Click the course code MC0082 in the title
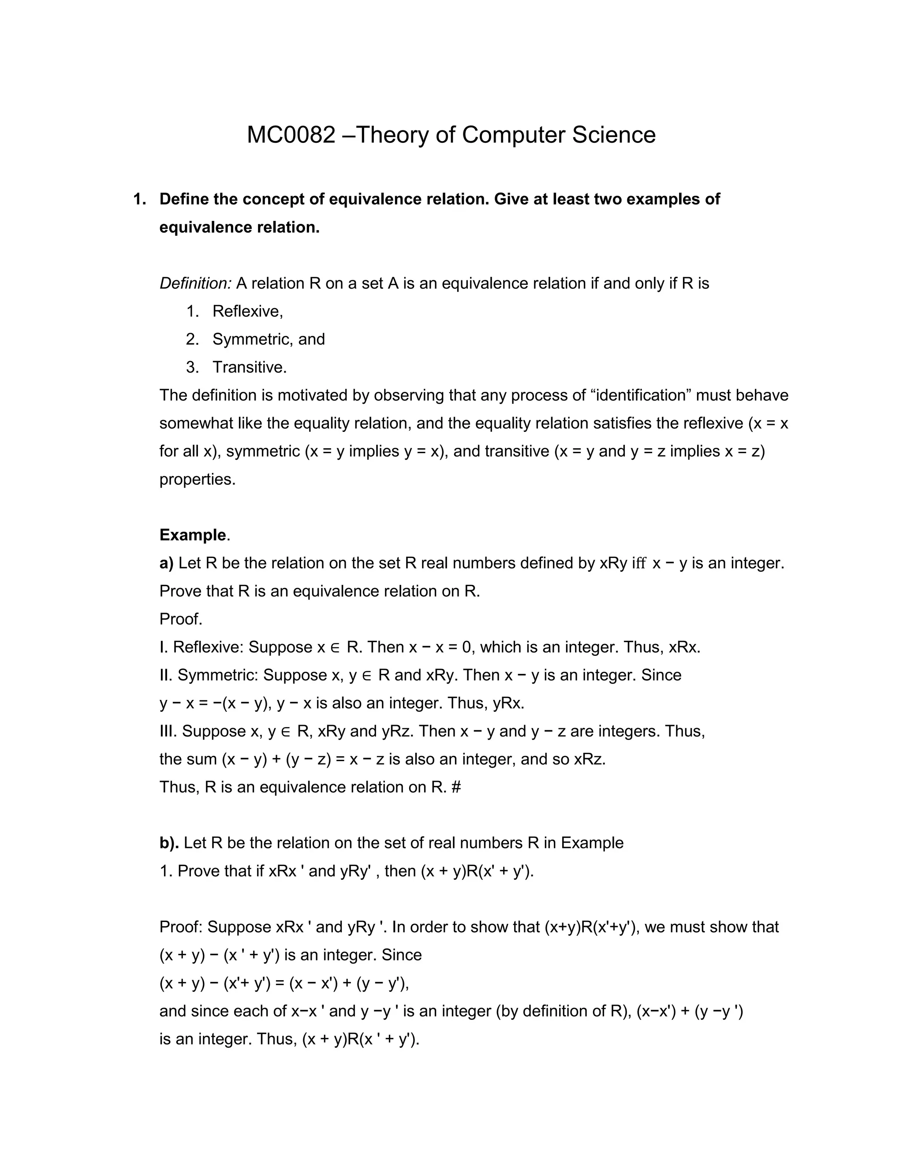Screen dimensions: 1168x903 tap(291, 135)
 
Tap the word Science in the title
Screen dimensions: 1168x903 tap(614, 135)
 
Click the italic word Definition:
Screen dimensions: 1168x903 tap(195, 283)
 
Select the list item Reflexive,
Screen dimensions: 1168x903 tap(247, 311)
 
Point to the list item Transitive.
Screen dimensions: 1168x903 tap(249, 368)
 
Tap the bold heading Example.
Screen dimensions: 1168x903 tap(193, 535)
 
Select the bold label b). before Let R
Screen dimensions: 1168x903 tap(169, 843)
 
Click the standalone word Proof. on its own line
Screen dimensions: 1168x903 tap(181, 619)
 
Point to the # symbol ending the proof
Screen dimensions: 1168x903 tap(456, 787)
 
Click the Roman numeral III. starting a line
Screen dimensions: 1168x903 tap(168, 731)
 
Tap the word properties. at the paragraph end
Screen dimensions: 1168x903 tap(198, 479)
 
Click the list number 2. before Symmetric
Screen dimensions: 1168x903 tap(193, 339)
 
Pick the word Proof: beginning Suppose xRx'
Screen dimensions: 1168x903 tap(181, 927)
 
